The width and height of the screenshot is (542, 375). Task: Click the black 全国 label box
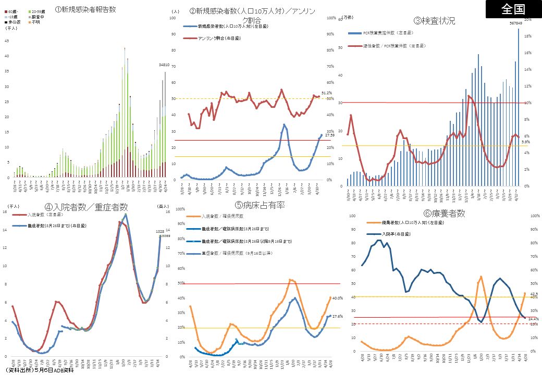pyautogui.click(x=513, y=9)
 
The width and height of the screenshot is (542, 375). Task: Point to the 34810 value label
pyautogui.click(x=164, y=65)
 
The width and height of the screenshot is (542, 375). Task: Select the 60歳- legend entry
pyautogui.click(x=11, y=11)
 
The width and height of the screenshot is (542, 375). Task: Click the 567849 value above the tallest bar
pyautogui.click(x=516, y=23)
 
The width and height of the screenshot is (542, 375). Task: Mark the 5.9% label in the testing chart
pyautogui.click(x=525, y=142)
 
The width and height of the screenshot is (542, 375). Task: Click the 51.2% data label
pyautogui.click(x=327, y=93)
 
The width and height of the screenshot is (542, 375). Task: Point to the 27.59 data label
pyautogui.click(x=329, y=135)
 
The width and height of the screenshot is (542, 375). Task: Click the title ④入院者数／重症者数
pyautogui.click(x=86, y=207)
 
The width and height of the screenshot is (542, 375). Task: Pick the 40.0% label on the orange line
pyautogui.click(x=337, y=298)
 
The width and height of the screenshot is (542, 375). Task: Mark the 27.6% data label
pyautogui.click(x=337, y=316)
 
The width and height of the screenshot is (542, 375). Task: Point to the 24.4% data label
pyautogui.click(x=533, y=318)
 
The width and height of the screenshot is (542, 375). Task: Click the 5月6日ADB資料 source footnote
pyautogui.click(x=39, y=371)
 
